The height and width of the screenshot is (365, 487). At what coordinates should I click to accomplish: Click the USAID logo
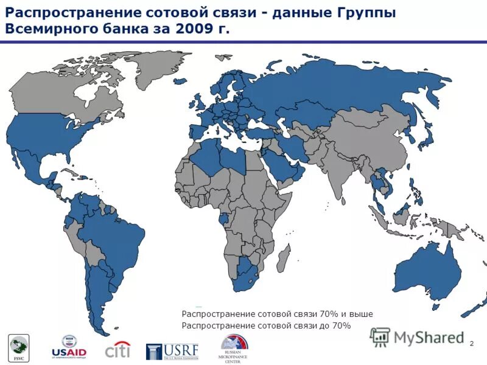click(x=68, y=347)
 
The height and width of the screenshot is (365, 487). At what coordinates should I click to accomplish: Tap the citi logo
click(x=117, y=350)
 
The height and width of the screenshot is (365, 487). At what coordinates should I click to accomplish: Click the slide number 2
click(x=472, y=345)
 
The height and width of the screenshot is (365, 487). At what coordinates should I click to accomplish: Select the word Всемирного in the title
click(x=49, y=29)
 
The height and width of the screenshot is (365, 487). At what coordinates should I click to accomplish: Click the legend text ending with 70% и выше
click(x=277, y=314)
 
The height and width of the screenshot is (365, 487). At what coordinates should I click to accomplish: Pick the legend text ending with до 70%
click(x=267, y=326)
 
